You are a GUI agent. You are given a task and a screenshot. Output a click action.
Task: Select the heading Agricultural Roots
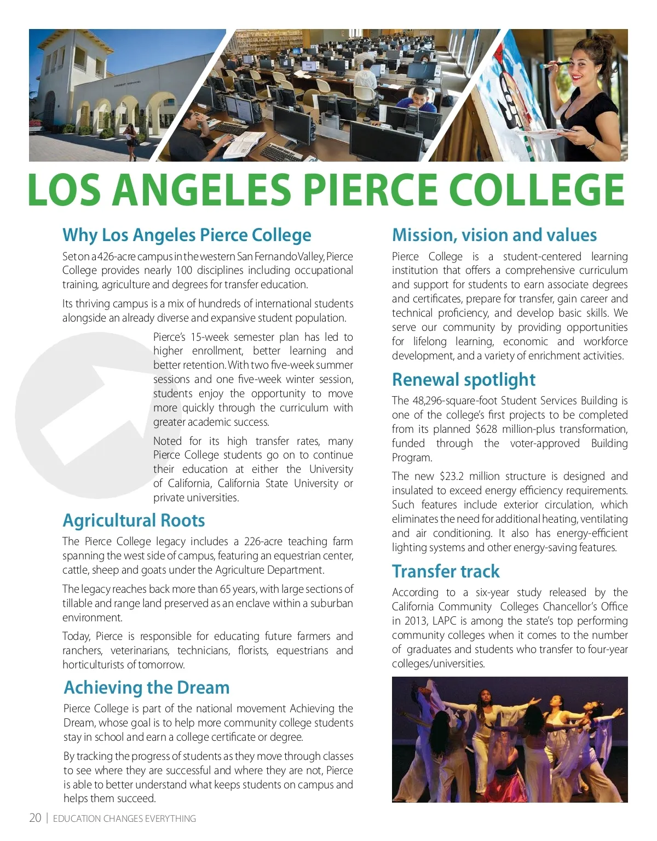tap(134, 520)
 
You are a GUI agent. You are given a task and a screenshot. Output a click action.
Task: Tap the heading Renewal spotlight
tap(463, 379)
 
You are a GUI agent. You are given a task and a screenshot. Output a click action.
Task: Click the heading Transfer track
tap(446, 571)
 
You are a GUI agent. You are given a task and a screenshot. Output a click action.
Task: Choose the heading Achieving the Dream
tap(147, 687)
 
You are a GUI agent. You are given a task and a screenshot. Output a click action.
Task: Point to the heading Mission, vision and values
tap(494, 235)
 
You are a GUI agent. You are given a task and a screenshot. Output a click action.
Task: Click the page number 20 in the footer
tap(35, 818)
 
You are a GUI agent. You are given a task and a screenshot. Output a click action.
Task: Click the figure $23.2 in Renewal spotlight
tap(451, 476)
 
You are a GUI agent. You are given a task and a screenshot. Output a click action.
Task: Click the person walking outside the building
tap(131, 140)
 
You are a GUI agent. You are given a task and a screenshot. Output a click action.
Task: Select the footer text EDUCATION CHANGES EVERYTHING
tap(124, 819)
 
